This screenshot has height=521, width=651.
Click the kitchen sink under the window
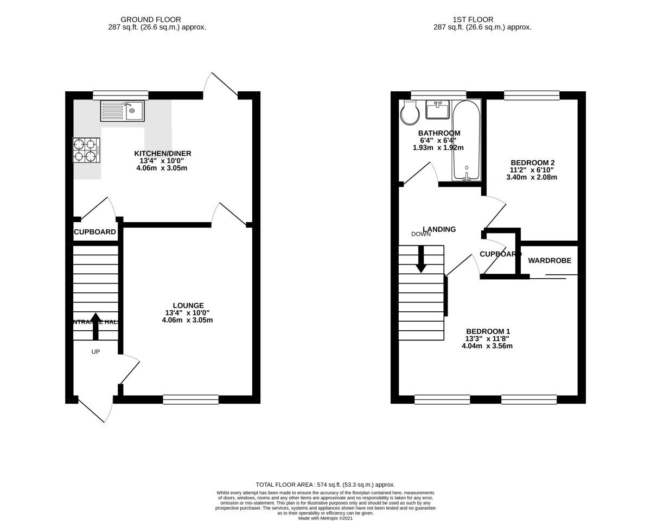[x=122, y=111]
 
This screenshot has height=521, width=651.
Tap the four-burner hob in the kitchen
[x=87, y=150]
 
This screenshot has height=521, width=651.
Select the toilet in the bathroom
[x=409, y=113]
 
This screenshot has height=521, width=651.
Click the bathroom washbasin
[x=437, y=109]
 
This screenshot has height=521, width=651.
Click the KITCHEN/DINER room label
[x=163, y=153]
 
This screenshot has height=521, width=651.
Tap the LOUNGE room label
[x=188, y=305]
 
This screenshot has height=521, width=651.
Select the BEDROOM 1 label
[x=488, y=331]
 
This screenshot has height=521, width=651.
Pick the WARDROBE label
[x=550, y=260]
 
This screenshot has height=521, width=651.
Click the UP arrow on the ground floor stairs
[x=95, y=325]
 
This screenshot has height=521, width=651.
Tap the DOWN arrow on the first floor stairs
[x=420, y=259]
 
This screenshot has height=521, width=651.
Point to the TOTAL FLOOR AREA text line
[x=325, y=485]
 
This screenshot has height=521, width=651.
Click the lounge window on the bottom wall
[x=190, y=400]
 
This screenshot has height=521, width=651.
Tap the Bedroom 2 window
[x=531, y=96]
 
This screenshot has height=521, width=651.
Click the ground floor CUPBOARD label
[x=95, y=232]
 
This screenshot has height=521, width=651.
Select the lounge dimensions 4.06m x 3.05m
[x=187, y=320]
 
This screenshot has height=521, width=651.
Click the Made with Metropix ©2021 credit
[x=325, y=518]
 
